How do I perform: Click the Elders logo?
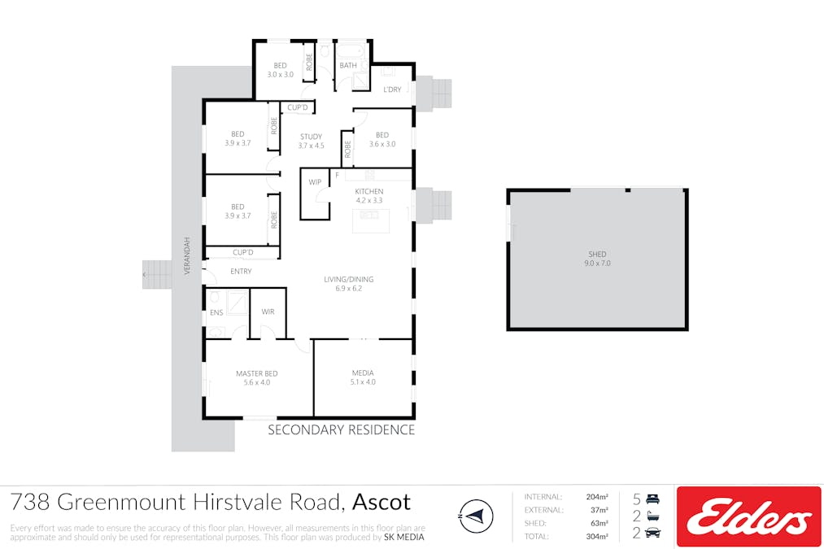[x=748, y=516]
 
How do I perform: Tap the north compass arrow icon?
[x=476, y=516]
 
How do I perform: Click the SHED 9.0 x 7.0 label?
[x=597, y=259]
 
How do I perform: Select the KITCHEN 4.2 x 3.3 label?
[x=369, y=195]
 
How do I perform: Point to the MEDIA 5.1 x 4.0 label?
[x=363, y=377]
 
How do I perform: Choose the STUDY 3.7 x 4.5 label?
[x=311, y=141]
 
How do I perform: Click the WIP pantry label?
[x=315, y=182]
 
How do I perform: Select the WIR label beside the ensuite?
[x=268, y=312]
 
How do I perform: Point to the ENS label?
[x=216, y=312]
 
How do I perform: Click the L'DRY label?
[x=392, y=89]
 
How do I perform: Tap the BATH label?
[x=348, y=65]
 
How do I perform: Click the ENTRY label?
[x=241, y=271]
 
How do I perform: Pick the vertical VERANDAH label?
[x=186, y=255]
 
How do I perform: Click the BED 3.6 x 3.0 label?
[x=382, y=139]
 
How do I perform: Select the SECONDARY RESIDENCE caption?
[x=341, y=429]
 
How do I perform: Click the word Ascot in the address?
[x=381, y=503]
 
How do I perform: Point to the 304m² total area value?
[x=597, y=536]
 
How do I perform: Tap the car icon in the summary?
[x=652, y=533]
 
